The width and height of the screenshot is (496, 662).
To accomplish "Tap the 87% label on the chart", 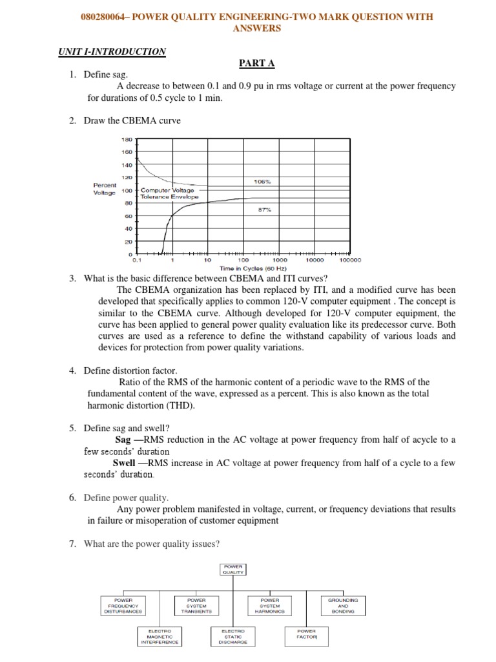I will click(x=265, y=210).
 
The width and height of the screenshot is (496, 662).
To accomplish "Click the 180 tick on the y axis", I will click(x=126, y=139).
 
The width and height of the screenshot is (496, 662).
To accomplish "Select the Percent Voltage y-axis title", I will click(x=105, y=189).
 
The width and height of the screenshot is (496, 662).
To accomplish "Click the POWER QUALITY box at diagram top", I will click(x=233, y=569).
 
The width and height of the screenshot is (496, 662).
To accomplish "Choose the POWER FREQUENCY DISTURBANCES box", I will click(x=123, y=606).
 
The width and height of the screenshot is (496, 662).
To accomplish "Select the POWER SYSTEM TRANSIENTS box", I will click(x=196, y=606).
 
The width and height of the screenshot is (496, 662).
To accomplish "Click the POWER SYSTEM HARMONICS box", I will click(x=269, y=606).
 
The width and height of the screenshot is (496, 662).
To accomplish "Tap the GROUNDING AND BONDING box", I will click(x=343, y=606).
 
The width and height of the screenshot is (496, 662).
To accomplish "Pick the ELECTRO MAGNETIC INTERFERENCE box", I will click(x=160, y=636).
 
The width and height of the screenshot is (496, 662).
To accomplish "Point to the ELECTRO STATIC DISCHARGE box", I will click(x=233, y=636).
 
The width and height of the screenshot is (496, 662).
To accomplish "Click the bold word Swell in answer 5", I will click(x=123, y=463).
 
